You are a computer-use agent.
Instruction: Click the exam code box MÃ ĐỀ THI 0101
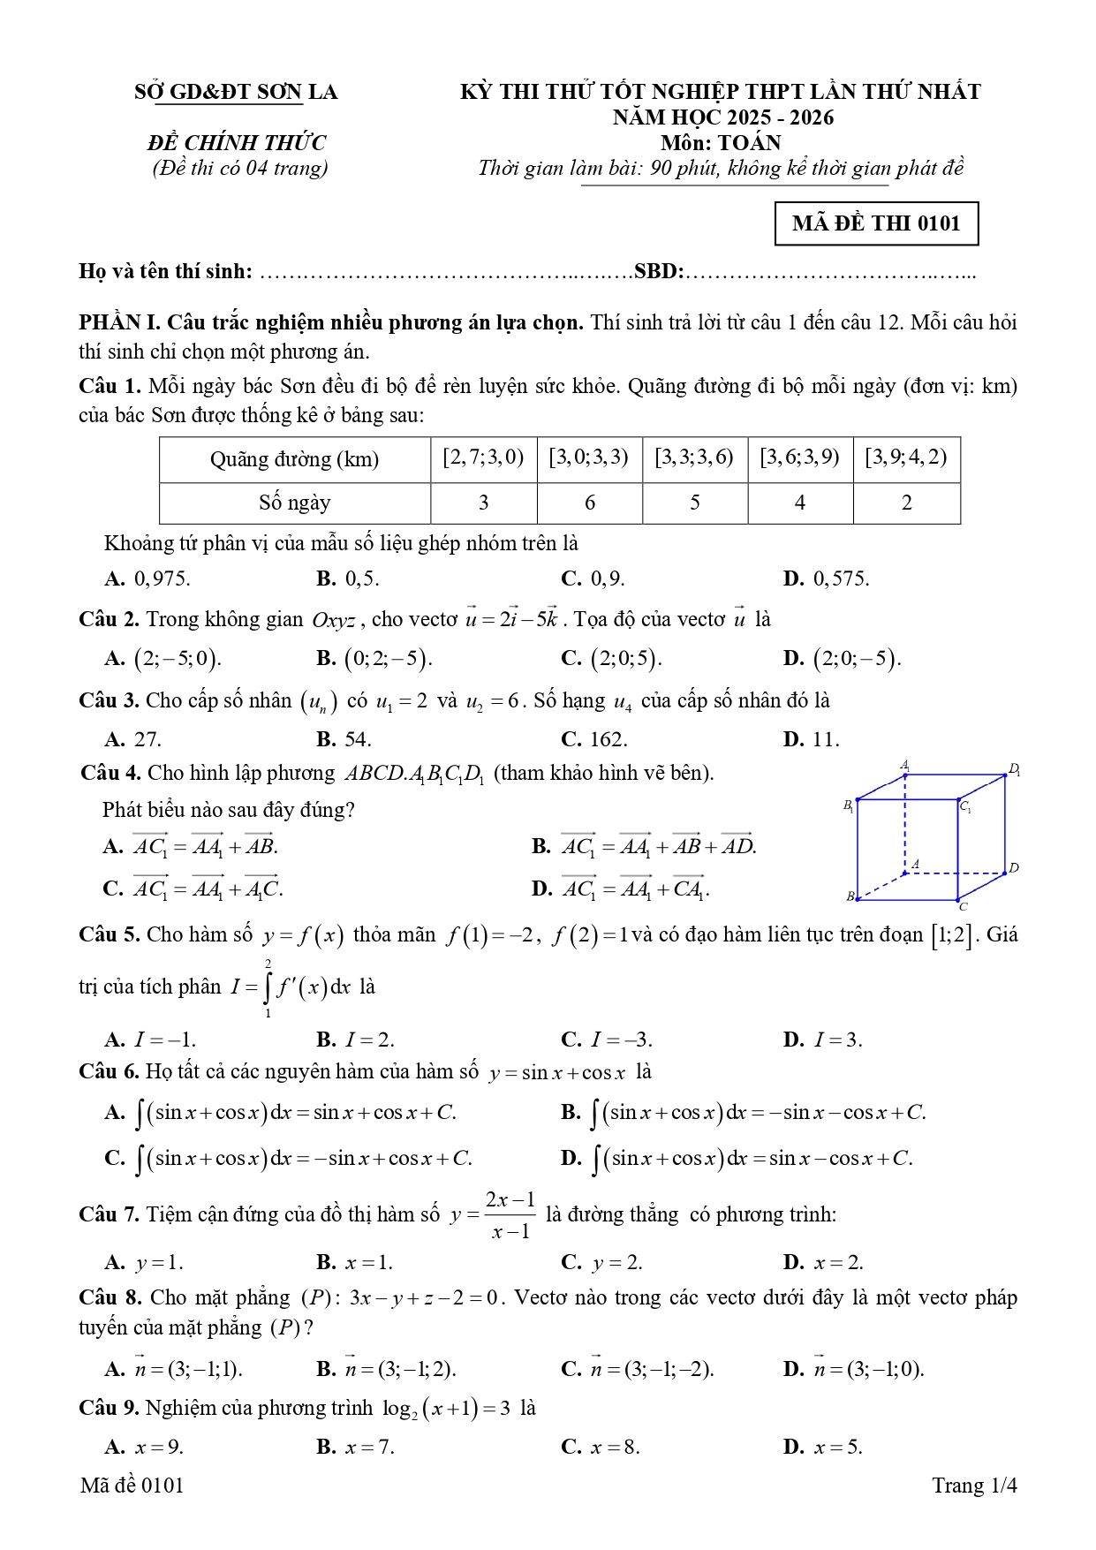tap(875, 223)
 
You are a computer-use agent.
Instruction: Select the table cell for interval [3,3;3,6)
tap(694, 457)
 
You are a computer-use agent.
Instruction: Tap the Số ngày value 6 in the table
tap(589, 503)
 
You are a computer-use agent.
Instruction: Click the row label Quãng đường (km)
tap(294, 459)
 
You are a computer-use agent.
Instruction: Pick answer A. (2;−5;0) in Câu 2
tap(163, 659)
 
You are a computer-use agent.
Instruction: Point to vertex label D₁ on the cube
tap(1015, 769)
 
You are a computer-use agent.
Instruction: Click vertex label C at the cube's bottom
tap(963, 906)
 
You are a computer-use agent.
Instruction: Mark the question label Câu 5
tap(109, 934)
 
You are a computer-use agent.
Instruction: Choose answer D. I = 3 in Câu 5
tap(822, 1040)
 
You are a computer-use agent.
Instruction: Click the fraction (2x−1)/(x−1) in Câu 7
tap(510, 1214)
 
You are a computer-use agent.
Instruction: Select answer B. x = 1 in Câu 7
tap(355, 1262)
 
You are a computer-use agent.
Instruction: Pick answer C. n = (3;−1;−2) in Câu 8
tap(638, 1369)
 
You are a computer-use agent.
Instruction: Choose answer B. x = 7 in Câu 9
tap(355, 1447)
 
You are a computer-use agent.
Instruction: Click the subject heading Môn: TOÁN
tap(721, 143)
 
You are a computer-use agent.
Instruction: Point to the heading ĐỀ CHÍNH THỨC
tap(237, 143)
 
